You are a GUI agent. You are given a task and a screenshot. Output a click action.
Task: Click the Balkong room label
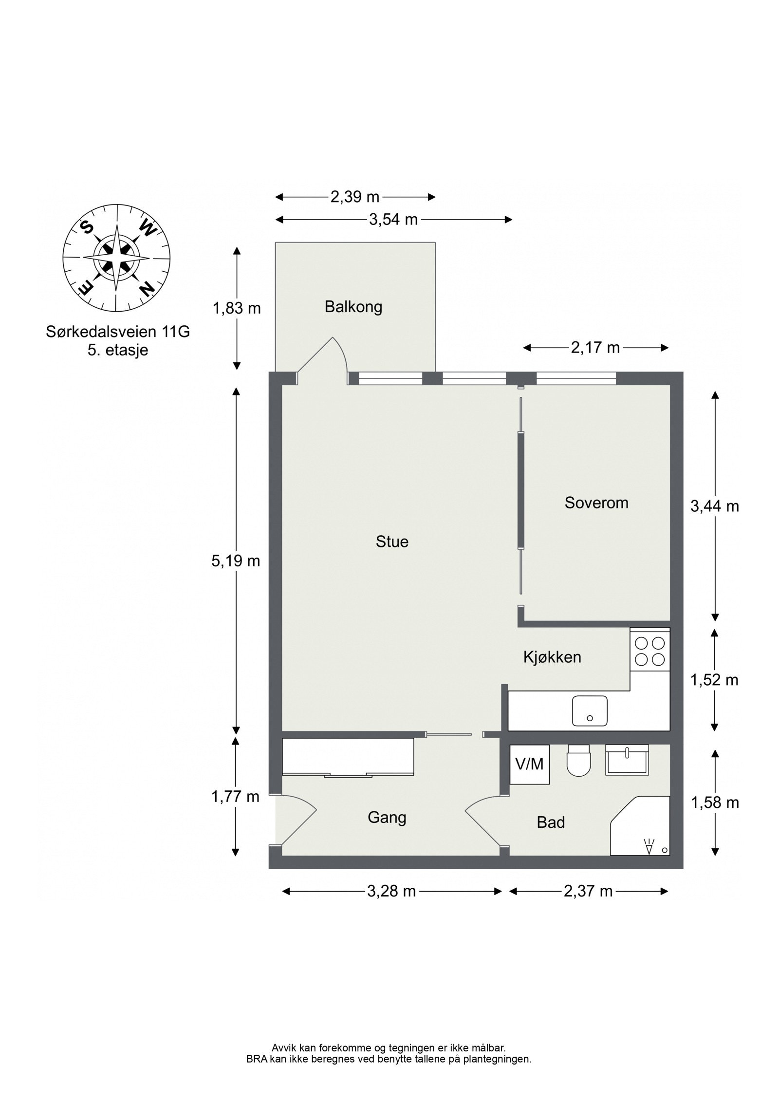click(x=353, y=307)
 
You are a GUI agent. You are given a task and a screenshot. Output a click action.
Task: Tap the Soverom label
click(x=596, y=502)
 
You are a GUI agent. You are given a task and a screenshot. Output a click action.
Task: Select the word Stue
click(x=391, y=542)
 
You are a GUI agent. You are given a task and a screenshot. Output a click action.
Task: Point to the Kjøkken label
click(x=552, y=657)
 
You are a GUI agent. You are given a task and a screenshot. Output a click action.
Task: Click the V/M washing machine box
click(x=529, y=764)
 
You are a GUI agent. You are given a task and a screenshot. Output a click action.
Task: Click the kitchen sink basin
click(x=590, y=710)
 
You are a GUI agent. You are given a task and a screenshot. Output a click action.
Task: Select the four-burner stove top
click(x=649, y=651)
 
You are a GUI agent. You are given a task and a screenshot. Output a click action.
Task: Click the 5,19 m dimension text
click(x=236, y=561)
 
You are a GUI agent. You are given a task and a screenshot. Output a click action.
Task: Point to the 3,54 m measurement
click(x=393, y=220)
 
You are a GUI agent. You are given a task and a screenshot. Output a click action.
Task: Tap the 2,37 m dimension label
click(x=588, y=891)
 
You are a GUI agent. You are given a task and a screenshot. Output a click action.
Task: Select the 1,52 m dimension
click(x=714, y=680)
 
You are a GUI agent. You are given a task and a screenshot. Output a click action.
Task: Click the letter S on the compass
click(x=87, y=227)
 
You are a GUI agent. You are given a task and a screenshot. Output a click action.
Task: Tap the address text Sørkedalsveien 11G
click(x=117, y=332)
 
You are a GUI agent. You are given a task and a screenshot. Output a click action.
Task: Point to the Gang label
click(x=387, y=817)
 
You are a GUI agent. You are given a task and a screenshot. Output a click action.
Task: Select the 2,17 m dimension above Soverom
click(x=595, y=348)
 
